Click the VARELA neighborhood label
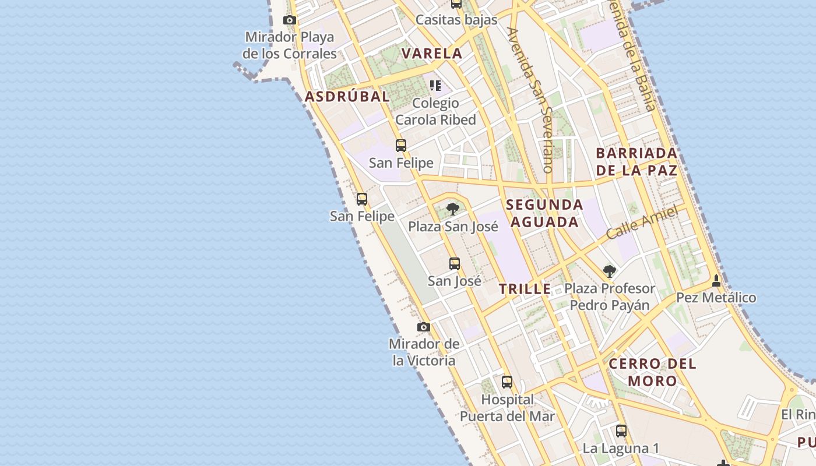[x=432, y=54]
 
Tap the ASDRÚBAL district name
[x=347, y=97]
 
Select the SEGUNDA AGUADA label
[x=544, y=213]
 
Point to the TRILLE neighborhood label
[x=525, y=289]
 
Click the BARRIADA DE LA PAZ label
[x=636, y=162]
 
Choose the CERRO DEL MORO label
[x=652, y=373]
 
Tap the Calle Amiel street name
[x=642, y=223]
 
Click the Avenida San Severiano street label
[x=530, y=100]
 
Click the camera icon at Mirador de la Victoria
[x=424, y=327]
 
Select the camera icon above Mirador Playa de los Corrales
[x=290, y=20]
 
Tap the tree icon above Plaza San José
[x=453, y=209]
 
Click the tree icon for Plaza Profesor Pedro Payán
[x=610, y=271]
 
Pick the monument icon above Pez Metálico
[x=716, y=281]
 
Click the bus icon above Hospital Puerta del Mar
[x=507, y=382]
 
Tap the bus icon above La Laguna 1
[x=621, y=431]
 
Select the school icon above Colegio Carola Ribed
[x=435, y=86]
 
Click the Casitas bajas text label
[x=456, y=20]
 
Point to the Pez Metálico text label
[x=716, y=298]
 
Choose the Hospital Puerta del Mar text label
[x=507, y=408]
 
